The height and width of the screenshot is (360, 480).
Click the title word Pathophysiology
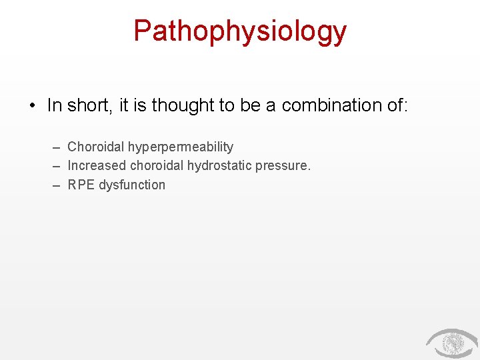[240, 31]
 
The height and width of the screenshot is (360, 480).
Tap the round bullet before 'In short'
[32, 106]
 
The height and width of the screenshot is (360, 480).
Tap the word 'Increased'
[97, 165]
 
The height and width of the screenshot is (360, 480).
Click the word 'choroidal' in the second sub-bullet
[157, 165]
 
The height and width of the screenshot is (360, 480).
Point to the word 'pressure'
[283, 166]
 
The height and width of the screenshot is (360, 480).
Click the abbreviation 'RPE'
[81, 185]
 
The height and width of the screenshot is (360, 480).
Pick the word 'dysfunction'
[132, 185]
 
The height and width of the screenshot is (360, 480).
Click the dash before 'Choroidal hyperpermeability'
[57, 147]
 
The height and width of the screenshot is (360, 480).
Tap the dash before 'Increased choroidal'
[57, 165]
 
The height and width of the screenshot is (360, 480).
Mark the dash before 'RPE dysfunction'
[57, 185]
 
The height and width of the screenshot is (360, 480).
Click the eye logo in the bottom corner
[451, 343]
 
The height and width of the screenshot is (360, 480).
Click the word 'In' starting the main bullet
[55, 105]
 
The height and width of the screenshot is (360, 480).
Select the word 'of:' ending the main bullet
[395, 105]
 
